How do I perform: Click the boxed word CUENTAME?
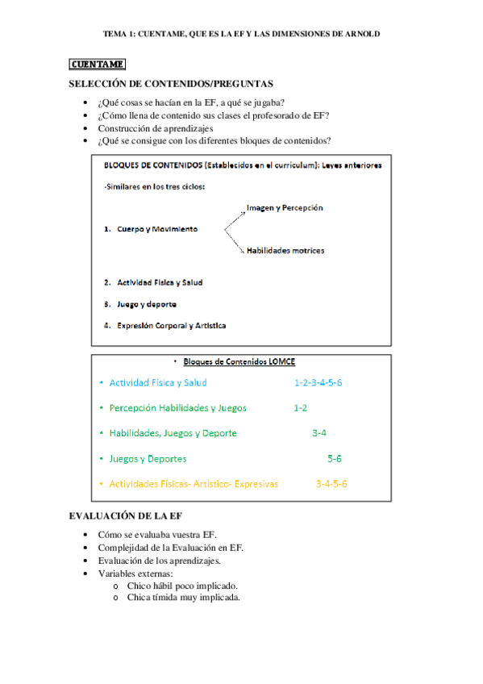coord(97,64)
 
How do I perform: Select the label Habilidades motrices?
coord(285,250)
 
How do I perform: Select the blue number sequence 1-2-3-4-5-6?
coord(319,382)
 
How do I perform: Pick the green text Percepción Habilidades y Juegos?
coord(178,407)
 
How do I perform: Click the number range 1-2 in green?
coord(300,407)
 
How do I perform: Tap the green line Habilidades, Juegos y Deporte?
coord(173,433)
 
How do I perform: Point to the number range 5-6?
coord(335,458)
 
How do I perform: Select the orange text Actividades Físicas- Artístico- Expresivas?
coord(194,484)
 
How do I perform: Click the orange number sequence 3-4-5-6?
coord(331,484)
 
